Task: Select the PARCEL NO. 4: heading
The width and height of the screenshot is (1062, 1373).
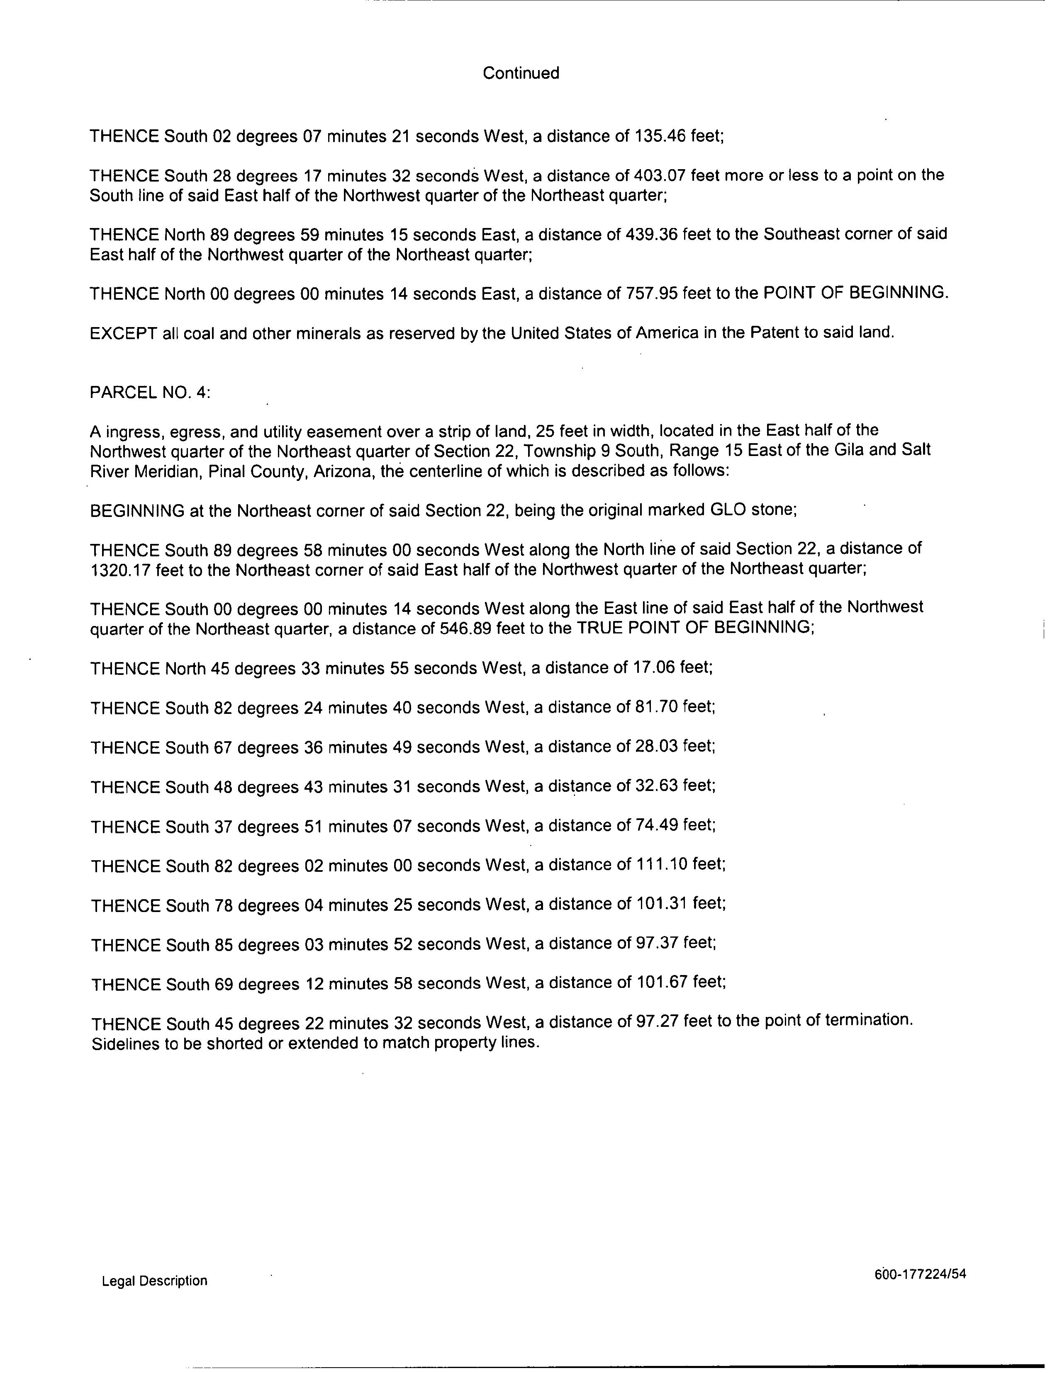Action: pyautogui.click(x=150, y=392)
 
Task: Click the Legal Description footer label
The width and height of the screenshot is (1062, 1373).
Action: pyautogui.click(x=154, y=1281)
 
